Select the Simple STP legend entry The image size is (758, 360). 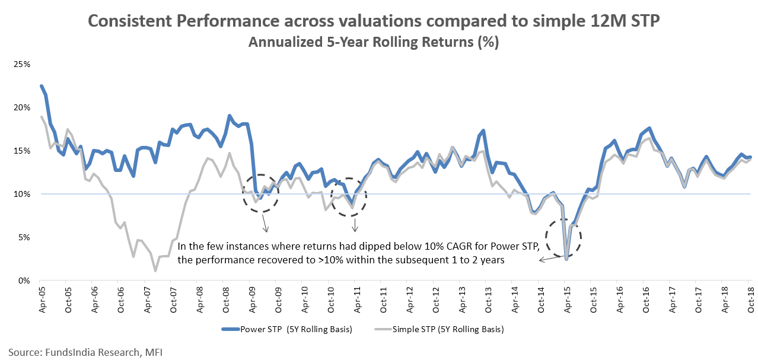(439, 330)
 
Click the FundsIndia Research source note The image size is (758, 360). (85, 352)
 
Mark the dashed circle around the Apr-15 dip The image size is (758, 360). (563, 237)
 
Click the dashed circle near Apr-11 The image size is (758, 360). (349, 196)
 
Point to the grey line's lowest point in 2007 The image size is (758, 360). (155, 271)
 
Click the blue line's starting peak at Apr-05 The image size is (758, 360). (41, 86)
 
